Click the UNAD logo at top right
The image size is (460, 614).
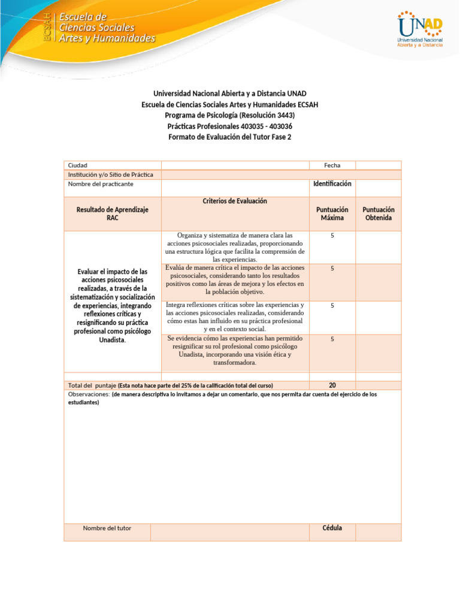coord(420,29)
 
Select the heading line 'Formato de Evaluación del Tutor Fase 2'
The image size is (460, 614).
coord(230,137)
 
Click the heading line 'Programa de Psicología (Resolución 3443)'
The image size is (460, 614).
coord(230,115)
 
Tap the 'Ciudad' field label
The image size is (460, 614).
coord(78,165)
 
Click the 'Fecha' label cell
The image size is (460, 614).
coord(332,165)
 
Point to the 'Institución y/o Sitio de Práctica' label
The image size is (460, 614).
coord(111,174)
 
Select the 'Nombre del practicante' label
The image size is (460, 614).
coord(101,184)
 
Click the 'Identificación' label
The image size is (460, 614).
coord(332,183)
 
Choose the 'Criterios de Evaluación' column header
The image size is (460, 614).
coord(235,201)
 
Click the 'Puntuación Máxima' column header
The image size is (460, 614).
coord(332,213)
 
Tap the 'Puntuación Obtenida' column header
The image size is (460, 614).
coord(378,213)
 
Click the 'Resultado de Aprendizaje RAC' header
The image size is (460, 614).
coord(113,213)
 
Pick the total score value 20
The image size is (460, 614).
coord(332,385)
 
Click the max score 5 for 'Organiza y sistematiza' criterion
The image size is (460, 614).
coord(332,236)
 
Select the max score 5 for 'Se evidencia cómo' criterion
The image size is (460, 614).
coord(332,339)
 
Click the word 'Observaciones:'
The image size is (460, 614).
coord(89,395)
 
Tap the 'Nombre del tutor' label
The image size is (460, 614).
coord(107,528)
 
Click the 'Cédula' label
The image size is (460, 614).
coord(332,528)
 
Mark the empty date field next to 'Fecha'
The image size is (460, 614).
coord(378,165)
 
